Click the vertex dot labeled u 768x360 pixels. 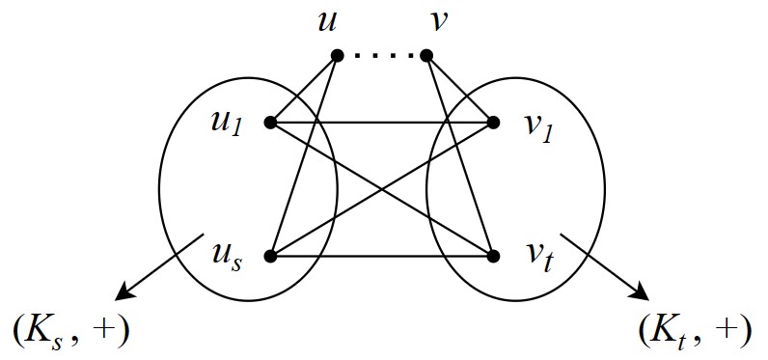[x=337, y=55]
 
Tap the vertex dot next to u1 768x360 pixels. [x=270, y=123]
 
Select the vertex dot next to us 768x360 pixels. [x=270, y=257]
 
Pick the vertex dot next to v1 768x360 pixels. [x=494, y=123]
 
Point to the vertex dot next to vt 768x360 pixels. [x=494, y=257]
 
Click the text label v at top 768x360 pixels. [x=438, y=21]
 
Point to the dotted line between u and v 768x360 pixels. [x=382, y=55]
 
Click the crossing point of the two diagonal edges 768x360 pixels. [x=382, y=189]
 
